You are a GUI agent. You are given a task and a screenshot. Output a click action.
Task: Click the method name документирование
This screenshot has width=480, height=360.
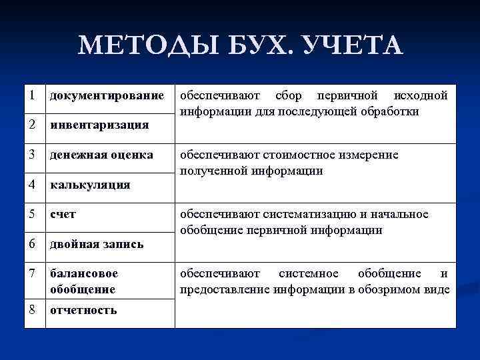tap(107, 96)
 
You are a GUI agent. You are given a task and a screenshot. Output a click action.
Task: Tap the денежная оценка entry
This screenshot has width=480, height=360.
tap(101, 155)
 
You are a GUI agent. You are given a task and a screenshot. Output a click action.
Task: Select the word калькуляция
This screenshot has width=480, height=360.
tap(90, 185)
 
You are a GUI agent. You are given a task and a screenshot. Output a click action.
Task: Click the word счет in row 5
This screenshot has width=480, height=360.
tap(63, 215)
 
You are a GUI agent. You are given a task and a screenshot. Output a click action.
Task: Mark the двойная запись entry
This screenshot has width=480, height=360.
tap(97, 245)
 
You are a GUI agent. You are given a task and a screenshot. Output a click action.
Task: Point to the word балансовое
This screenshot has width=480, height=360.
tap(84, 274)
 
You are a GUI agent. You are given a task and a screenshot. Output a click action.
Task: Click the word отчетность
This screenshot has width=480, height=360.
tap(83, 310)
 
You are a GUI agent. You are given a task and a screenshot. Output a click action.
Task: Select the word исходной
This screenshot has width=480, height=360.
tap(421, 95)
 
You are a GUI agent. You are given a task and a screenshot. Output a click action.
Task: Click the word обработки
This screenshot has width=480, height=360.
tap(391, 111)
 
